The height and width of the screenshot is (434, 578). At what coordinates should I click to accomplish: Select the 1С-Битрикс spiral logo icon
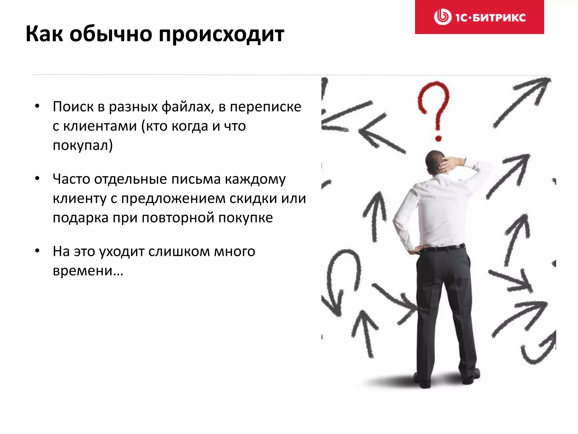point(442,17)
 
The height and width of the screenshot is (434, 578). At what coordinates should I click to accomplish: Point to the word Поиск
point(73,107)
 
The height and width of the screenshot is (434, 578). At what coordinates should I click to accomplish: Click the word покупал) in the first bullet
point(83,146)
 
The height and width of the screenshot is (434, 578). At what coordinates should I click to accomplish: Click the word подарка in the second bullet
point(81,218)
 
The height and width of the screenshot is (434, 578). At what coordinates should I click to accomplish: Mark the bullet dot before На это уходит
point(37,251)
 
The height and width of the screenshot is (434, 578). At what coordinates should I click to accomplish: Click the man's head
point(435,162)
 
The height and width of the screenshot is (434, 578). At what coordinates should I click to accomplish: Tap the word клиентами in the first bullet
point(100,126)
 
